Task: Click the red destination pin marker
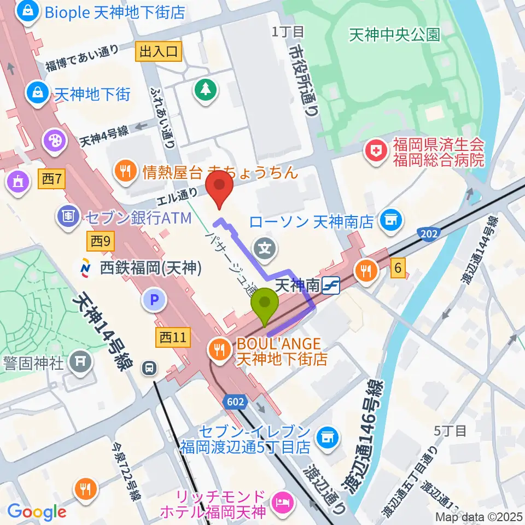tap(219, 187)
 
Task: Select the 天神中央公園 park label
tap(394, 36)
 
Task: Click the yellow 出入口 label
tap(159, 52)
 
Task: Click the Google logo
tap(36, 512)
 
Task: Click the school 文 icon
tap(265, 249)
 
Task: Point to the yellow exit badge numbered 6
tap(399, 268)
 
